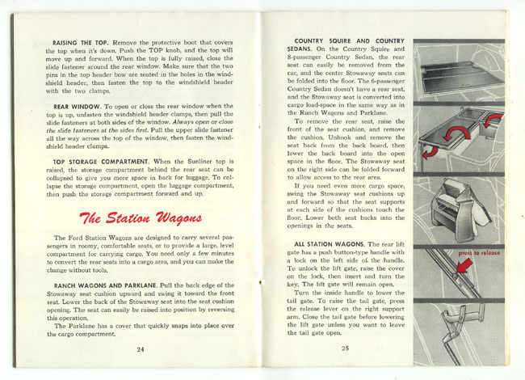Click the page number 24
(x=141, y=348)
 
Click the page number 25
(x=345, y=348)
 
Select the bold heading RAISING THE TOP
(x=82, y=41)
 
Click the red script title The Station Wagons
(x=141, y=219)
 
